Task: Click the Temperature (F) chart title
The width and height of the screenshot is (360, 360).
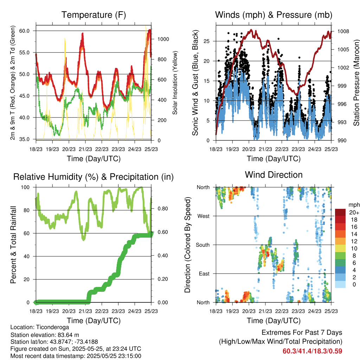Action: pyautogui.click(x=94, y=15)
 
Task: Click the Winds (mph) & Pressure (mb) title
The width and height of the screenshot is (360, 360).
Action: pyautogui.click(x=274, y=15)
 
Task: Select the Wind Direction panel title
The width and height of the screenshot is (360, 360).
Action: pyautogui.click(x=274, y=175)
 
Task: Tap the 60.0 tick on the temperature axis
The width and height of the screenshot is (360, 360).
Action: pyautogui.click(x=24, y=31)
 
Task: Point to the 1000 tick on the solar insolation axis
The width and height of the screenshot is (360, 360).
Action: pyautogui.click(x=163, y=39)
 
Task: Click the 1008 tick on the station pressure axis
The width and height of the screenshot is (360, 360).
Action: pyautogui.click(x=343, y=31)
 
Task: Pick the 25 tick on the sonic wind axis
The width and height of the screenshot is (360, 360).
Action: pyautogui.click(x=207, y=41)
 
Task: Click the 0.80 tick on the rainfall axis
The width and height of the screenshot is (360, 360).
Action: pyautogui.click(x=163, y=209)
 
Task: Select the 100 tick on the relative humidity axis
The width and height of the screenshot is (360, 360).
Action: pyautogui.click(x=25, y=187)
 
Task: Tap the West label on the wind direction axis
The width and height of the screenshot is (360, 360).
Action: pyautogui.click(x=204, y=216)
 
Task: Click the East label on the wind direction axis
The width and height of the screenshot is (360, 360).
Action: pyautogui.click(x=204, y=274)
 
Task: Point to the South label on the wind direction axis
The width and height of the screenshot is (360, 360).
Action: pyautogui.click(x=203, y=245)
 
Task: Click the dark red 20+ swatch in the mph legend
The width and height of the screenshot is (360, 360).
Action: pyautogui.click(x=340, y=212)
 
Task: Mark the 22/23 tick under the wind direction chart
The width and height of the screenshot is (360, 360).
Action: pyautogui.click(x=282, y=311)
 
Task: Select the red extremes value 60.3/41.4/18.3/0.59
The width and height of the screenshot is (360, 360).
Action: pyautogui.click(x=313, y=351)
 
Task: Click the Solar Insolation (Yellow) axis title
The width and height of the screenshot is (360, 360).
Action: pyautogui.click(x=175, y=83)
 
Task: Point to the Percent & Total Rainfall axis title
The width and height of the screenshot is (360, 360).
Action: pyautogui.click(x=13, y=245)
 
